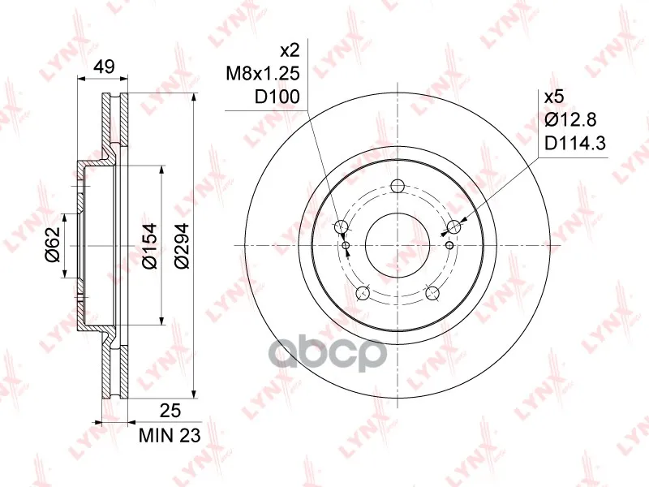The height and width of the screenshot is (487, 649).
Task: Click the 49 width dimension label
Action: coord(104,67)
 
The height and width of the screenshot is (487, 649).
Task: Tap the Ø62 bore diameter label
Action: coord(54,245)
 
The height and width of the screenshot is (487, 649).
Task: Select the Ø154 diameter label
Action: coord(149,246)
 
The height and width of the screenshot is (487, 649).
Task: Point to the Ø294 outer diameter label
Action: coord(181,246)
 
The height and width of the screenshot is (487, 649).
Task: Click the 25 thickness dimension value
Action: coord(170,411)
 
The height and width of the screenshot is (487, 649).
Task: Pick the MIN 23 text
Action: coord(170,435)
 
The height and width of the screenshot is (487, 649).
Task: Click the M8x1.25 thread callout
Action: coord(262,74)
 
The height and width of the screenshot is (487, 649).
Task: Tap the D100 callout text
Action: coord(277,97)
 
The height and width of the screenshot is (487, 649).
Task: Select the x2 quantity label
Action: coord(290,51)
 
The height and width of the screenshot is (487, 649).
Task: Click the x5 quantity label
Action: coord(554,97)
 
